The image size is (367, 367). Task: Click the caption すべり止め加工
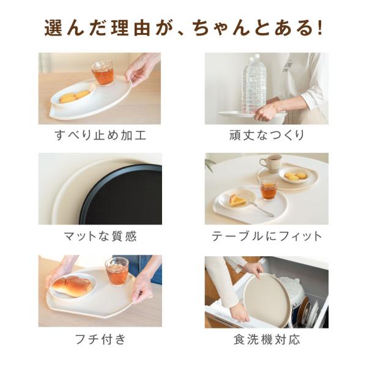click(100, 135)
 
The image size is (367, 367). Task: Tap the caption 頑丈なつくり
click(266, 135)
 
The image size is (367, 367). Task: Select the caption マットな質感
click(100, 236)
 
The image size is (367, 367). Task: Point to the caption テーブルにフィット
click(267, 236)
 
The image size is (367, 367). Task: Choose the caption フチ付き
click(100, 339)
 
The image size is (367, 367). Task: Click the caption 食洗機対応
click(267, 339)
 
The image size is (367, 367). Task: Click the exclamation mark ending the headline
click(319, 28)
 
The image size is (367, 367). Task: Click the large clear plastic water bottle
click(254, 84)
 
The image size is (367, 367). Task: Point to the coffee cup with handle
click(271, 163)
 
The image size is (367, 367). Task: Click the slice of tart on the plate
click(237, 201)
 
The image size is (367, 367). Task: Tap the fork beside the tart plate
click(261, 209)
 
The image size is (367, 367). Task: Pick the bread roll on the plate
click(72, 286)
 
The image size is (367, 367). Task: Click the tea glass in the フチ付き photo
click(117, 272)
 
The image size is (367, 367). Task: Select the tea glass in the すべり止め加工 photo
click(103, 73)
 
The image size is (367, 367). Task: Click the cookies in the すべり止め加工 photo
click(75, 97)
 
